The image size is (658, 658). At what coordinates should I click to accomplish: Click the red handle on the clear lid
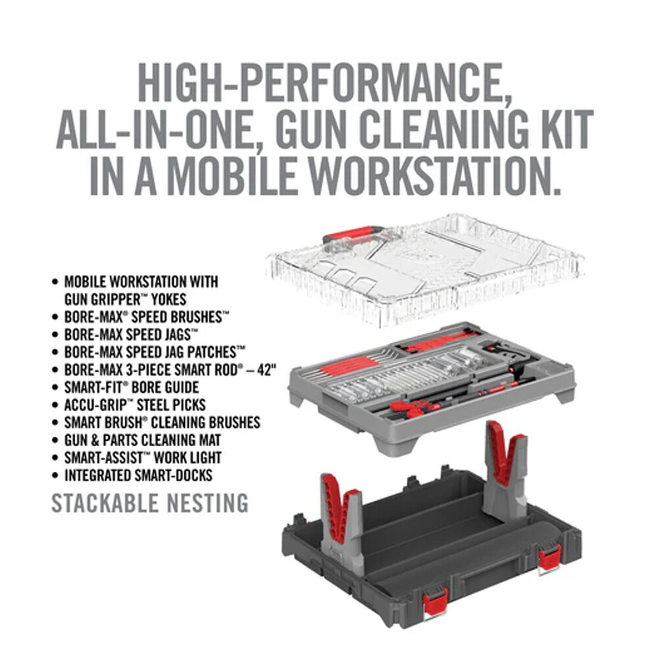pos(352,235)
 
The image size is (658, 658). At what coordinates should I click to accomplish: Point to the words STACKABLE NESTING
pos(150,503)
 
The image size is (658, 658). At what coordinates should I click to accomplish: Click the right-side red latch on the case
pos(549,557)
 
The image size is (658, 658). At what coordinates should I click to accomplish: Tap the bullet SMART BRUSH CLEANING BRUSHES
pos(162,422)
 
